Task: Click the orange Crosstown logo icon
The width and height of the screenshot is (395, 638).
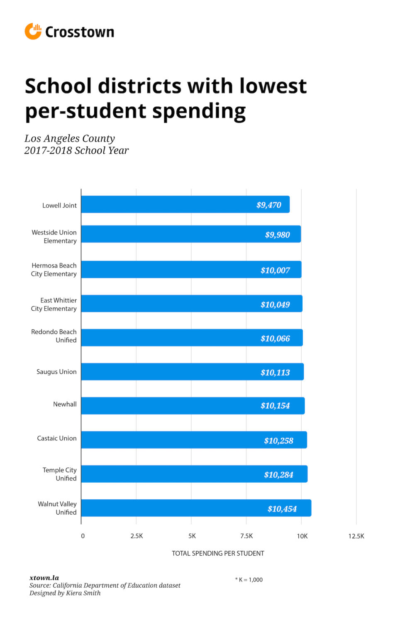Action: (x=33, y=32)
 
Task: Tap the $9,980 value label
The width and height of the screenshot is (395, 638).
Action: (x=277, y=235)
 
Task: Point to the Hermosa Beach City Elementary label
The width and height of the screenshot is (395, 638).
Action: (x=54, y=270)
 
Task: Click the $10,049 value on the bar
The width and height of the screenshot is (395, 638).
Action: (x=275, y=304)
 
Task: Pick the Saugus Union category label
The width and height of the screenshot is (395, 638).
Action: (x=56, y=372)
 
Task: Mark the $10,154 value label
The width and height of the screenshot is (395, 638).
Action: (x=275, y=406)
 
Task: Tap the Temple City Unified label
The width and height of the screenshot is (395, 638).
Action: (x=60, y=474)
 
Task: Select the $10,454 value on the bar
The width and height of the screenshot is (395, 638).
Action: (x=282, y=509)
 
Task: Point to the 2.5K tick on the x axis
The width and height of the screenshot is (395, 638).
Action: (x=137, y=536)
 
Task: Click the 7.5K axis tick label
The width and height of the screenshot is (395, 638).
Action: (x=246, y=536)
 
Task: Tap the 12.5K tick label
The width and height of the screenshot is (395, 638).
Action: (x=356, y=536)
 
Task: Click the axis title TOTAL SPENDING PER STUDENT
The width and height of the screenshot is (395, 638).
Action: (x=218, y=553)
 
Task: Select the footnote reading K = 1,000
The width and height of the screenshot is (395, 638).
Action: (x=249, y=579)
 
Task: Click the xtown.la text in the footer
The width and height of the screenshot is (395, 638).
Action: (x=44, y=578)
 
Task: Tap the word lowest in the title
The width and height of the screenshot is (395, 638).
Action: (x=273, y=86)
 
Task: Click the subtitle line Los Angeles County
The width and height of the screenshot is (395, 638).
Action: (x=69, y=138)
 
